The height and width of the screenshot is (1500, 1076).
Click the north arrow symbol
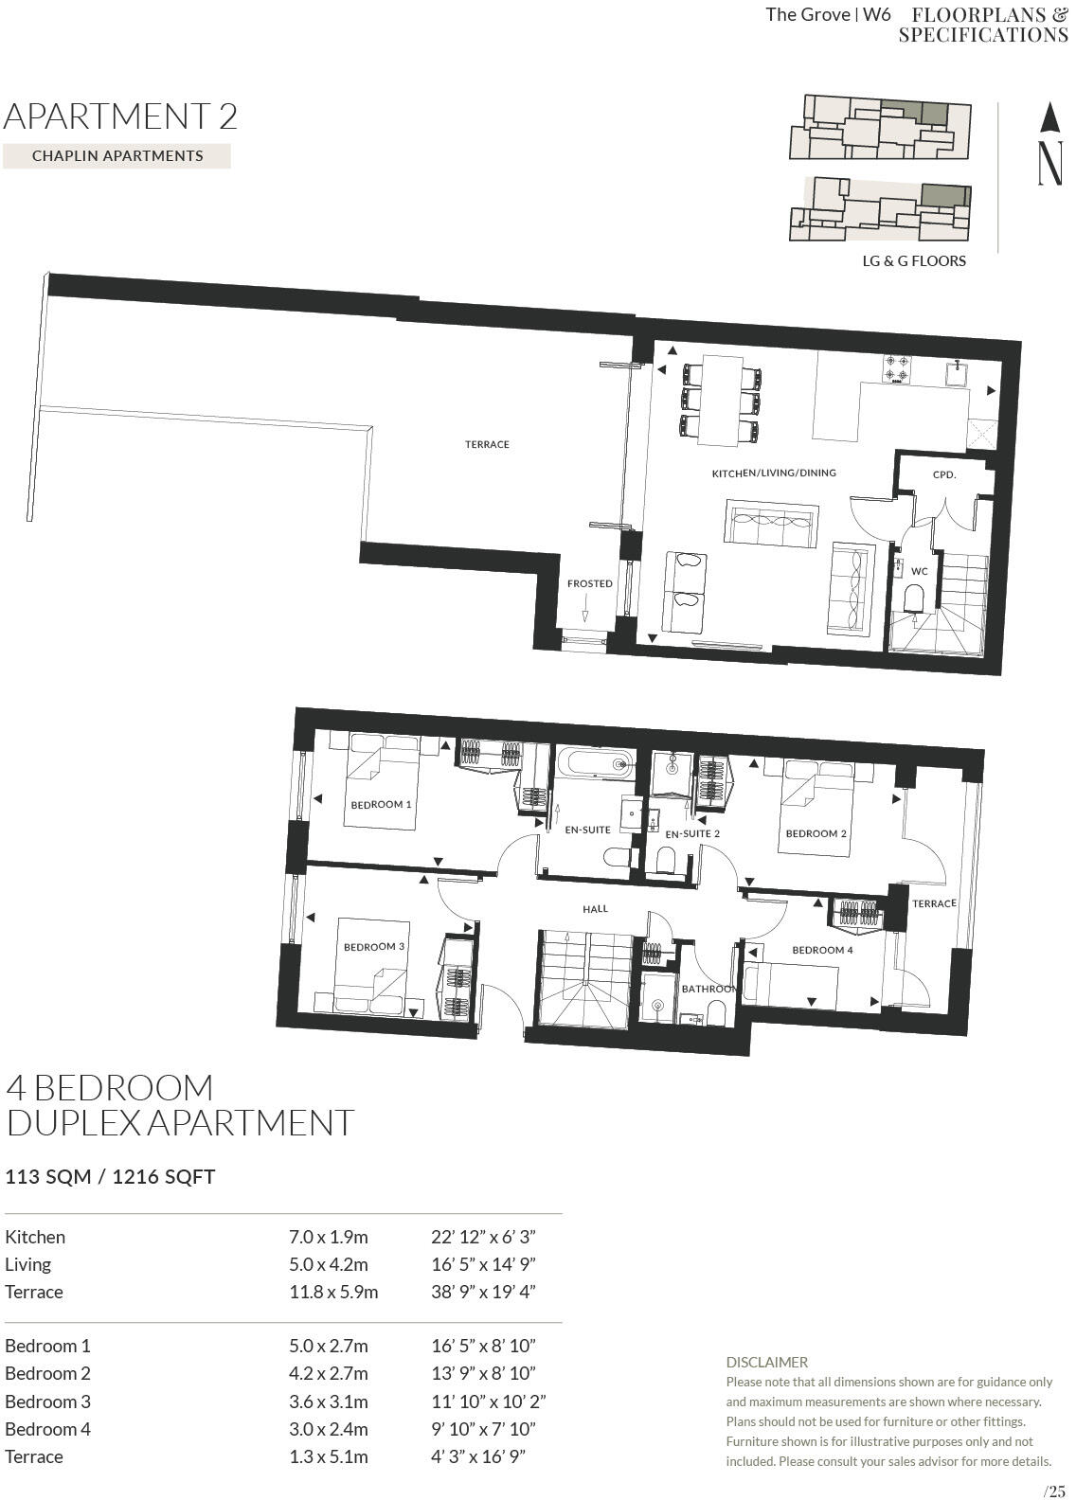point(1049,144)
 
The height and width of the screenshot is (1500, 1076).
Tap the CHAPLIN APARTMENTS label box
point(117,156)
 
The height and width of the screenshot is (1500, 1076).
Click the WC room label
point(919,572)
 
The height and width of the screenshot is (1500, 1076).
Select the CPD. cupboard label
point(943,474)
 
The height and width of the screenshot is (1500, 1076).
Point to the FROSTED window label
point(589,583)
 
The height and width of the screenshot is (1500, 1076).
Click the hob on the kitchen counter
point(896,368)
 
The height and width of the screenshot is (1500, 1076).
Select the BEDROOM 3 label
point(374,947)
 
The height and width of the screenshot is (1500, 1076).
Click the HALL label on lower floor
point(595,909)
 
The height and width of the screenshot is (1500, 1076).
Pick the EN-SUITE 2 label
point(692,834)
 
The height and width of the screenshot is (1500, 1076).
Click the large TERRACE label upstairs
point(487,444)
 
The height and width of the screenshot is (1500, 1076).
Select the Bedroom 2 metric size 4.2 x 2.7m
point(328,1373)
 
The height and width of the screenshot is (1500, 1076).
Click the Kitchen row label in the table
point(35,1237)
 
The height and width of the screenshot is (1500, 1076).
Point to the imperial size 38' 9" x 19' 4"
point(483,1292)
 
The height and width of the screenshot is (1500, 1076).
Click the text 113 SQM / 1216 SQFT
point(110,1177)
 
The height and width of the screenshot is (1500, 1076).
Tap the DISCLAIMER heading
point(766,1362)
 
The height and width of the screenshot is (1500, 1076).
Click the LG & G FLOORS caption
point(913,261)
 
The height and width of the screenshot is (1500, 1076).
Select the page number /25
point(1053,1491)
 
